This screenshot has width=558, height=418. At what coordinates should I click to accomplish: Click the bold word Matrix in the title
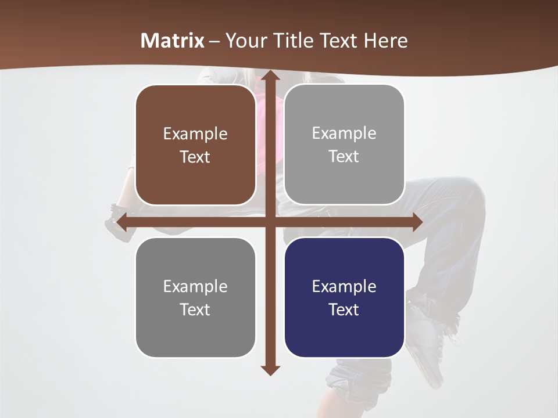(x=173, y=41)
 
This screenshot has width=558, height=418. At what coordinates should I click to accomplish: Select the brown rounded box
(x=195, y=145)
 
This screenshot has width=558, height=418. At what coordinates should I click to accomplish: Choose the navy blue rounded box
(x=344, y=297)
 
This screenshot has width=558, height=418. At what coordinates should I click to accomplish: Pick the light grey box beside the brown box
(x=344, y=145)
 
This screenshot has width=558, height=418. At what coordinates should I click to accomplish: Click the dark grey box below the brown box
(x=195, y=297)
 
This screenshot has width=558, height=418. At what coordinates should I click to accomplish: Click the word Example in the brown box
(x=195, y=134)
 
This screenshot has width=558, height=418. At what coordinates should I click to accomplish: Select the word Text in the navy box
(x=344, y=309)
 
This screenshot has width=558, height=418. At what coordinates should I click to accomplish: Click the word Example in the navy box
(x=344, y=286)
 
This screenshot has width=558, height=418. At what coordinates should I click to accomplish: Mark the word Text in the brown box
(x=195, y=157)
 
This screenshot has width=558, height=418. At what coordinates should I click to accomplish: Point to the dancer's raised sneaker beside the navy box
(x=427, y=337)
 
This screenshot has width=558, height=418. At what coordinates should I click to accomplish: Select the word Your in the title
(x=245, y=41)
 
